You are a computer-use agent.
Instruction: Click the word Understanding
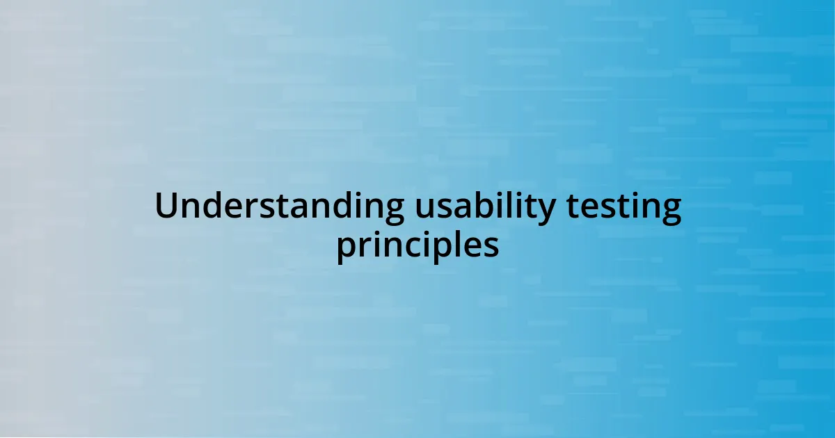[x=279, y=206]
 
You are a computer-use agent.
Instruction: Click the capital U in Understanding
[x=166, y=206]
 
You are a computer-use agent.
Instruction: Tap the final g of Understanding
[x=392, y=210]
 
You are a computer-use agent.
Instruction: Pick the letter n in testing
[x=649, y=209]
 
